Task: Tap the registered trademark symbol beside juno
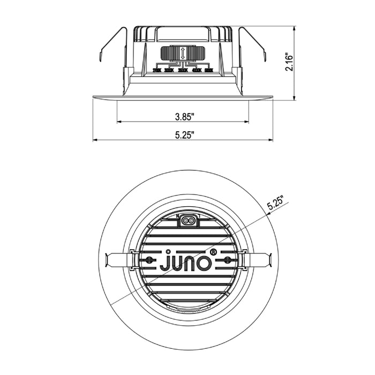213,251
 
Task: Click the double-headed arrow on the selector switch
183,54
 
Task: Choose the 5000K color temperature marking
208,70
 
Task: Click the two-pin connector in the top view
188,220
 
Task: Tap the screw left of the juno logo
149,260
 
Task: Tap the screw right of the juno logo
227,260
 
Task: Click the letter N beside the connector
178,216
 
